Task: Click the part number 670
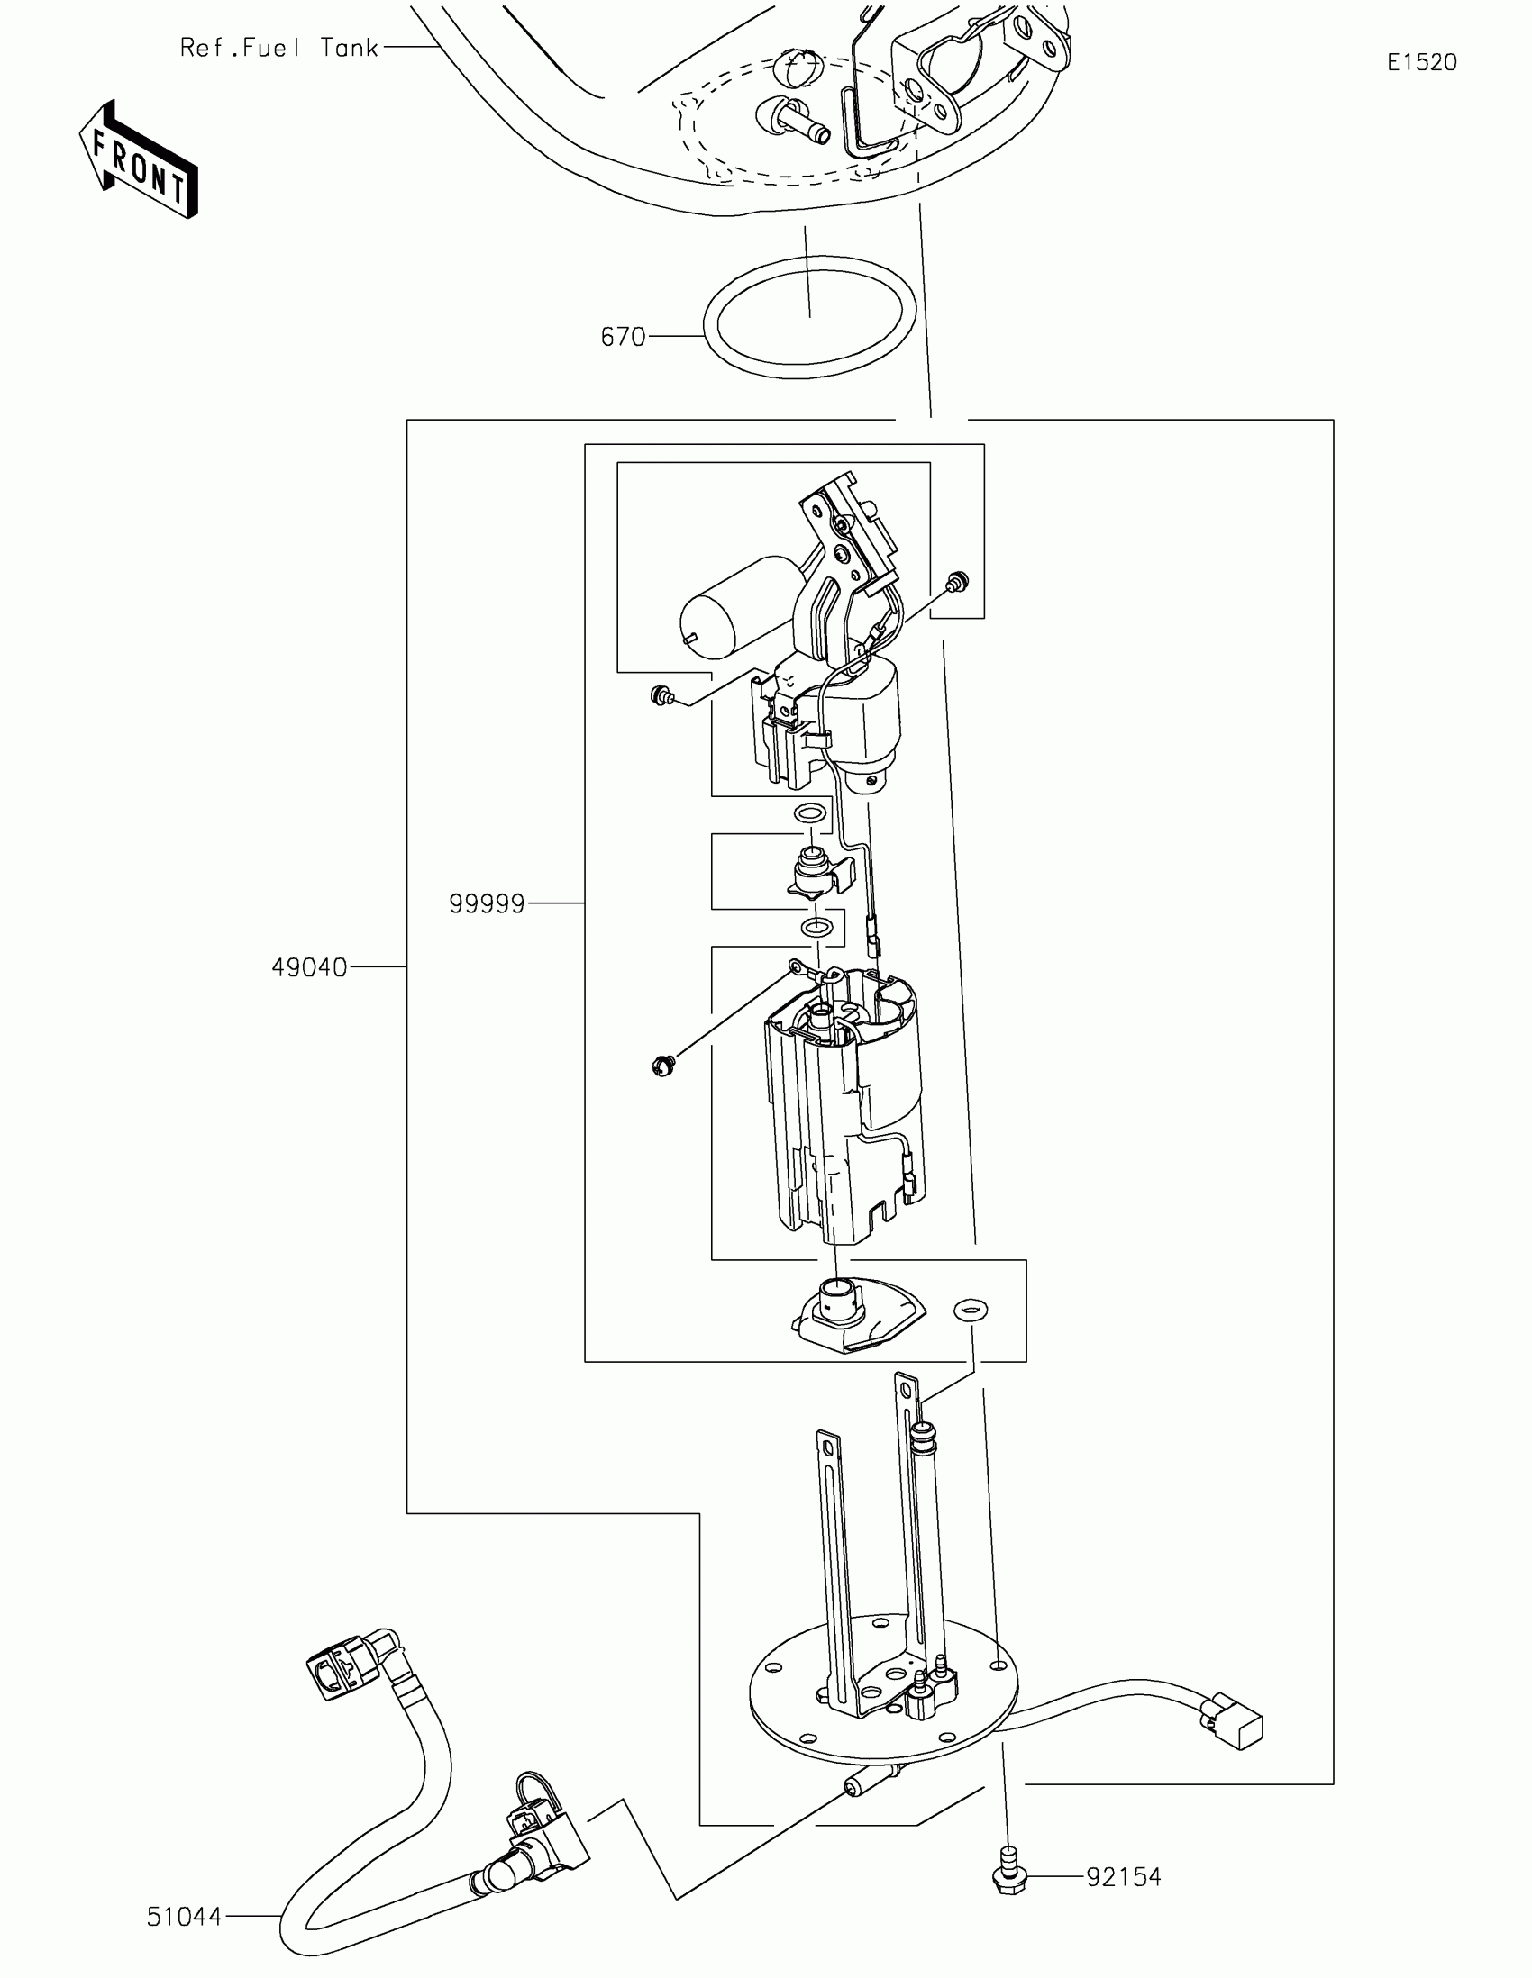623,337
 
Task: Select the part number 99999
487,903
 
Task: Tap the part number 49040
309,968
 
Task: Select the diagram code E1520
1421,62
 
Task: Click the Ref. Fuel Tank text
279,48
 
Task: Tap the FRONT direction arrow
140,159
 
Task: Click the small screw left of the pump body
663,1066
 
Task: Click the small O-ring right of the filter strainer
970,1309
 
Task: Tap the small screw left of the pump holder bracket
661,695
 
